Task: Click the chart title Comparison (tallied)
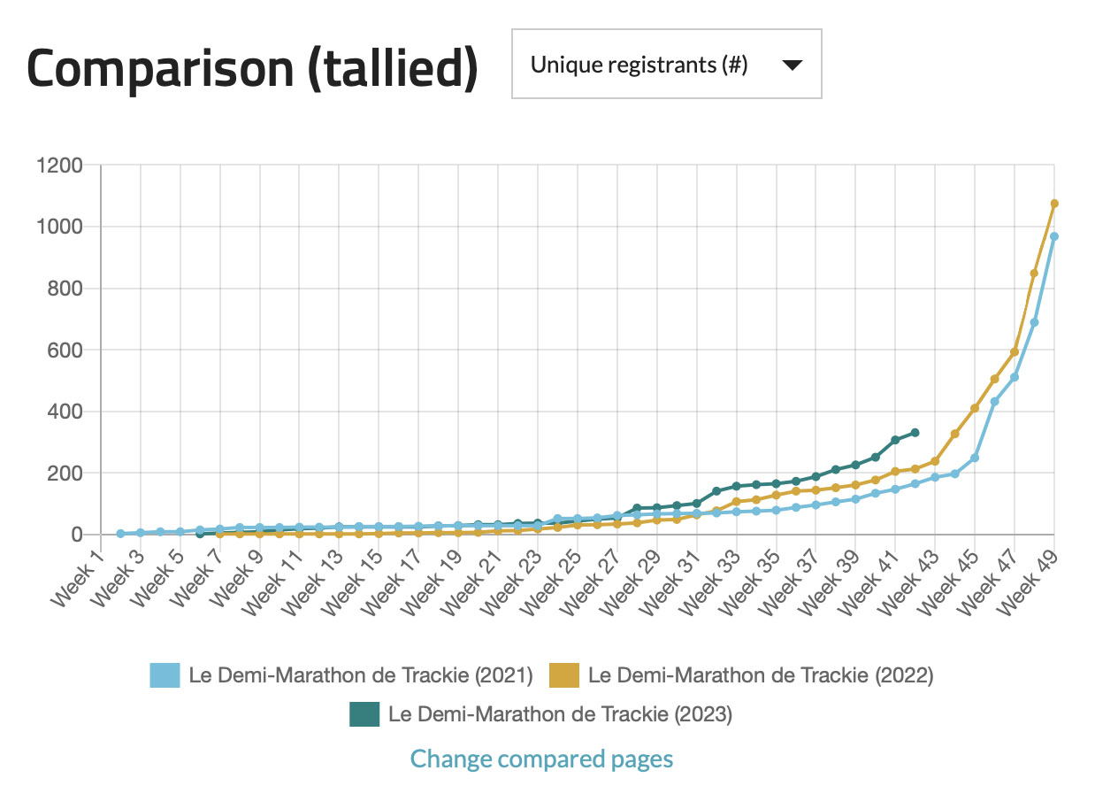point(252,67)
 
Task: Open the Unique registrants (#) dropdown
point(666,64)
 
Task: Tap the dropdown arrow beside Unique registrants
point(792,65)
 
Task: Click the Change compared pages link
point(541,759)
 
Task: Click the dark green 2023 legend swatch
point(364,714)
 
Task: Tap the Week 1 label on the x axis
point(79,580)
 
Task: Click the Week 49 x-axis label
point(1031,580)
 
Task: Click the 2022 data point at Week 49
point(1053,204)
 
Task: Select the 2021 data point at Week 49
point(1053,236)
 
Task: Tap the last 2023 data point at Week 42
point(915,433)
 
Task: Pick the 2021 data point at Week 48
point(1034,322)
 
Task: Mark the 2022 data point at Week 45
point(975,408)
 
